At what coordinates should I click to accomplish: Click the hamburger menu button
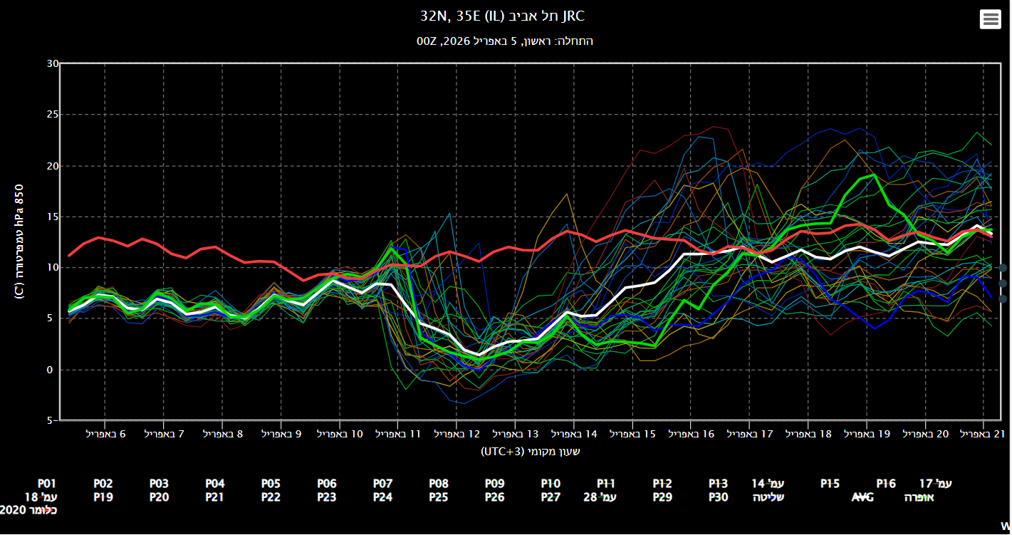tap(990, 20)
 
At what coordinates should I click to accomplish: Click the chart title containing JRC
tap(505, 16)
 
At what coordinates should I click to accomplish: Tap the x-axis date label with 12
tap(457, 433)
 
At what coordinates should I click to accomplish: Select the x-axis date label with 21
tap(984, 433)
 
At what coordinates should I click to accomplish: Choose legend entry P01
tap(46, 484)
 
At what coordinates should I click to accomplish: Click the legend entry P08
tap(439, 484)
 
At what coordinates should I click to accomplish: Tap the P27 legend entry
tap(551, 497)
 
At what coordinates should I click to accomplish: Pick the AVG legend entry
tap(862, 497)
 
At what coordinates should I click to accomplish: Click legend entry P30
tap(718, 497)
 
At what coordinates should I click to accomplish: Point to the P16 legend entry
tap(886, 484)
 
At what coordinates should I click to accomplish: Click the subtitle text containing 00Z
tap(505, 41)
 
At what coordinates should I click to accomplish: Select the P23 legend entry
tap(327, 497)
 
